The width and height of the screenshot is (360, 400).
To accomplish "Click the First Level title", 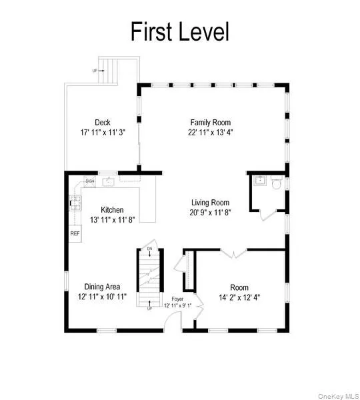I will pyautogui.click(x=179, y=31).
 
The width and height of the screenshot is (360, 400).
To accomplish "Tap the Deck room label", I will pyautogui.click(x=102, y=122).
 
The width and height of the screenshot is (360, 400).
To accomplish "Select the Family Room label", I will pyautogui.click(x=211, y=122).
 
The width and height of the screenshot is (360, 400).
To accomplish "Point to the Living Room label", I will pyautogui.click(x=210, y=203).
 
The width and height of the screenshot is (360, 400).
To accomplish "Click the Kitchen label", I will pyautogui.click(x=113, y=209).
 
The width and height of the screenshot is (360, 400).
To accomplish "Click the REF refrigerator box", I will pyautogui.click(x=75, y=234).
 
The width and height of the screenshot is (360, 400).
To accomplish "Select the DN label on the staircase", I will pyautogui.click(x=150, y=249).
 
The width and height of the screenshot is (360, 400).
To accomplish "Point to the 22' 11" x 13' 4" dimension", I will pyautogui.click(x=211, y=132).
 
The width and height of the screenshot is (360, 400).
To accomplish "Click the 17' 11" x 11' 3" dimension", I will pyautogui.click(x=102, y=132).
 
